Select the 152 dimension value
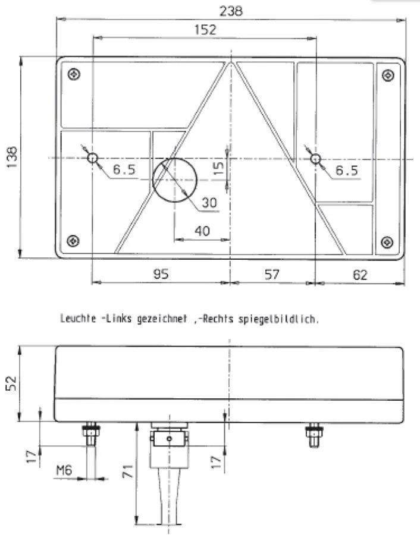pyautogui.click(x=205, y=30)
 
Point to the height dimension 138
pyautogui.click(x=12, y=158)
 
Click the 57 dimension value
pyautogui.click(x=271, y=274)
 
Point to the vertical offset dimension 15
pyautogui.click(x=218, y=169)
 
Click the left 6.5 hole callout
pyautogui.click(x=124, y=170)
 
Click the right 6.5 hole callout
pyautogui.click(x=346, y=171)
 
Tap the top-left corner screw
pyautogui.click(x=73, y=74)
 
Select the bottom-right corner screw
pyautogui.click(x=387, y=241)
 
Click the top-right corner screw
pyautogui.click(x=387, y=75)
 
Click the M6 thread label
pyautogui.click(x=64, y=471)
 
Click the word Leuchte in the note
pyautogui.click(x=78, y=319)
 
